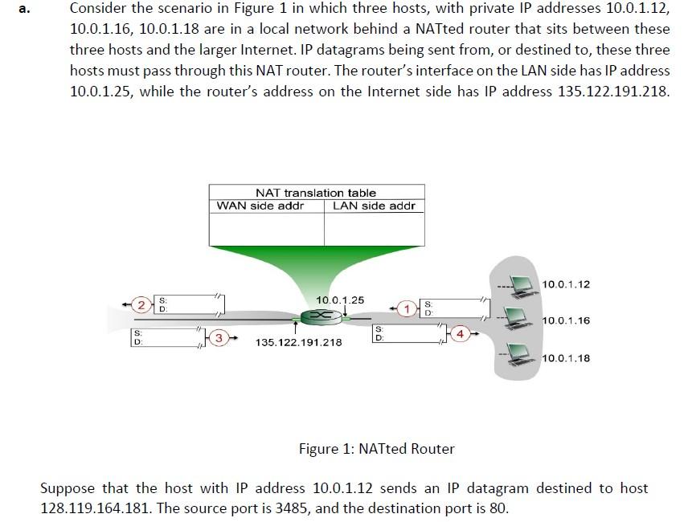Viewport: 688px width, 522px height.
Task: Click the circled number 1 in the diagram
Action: (408, 308)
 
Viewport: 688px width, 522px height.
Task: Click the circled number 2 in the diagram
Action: (141, 304)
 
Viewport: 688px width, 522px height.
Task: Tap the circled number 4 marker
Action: (461, 332)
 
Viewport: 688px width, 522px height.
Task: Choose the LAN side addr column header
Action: (374, 206)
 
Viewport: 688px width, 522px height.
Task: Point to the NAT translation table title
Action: (316, 193)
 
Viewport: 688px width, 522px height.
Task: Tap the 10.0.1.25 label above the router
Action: (340, 300)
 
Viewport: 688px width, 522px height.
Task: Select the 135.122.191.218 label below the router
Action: (298, 342)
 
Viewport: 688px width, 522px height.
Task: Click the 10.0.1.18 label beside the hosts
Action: (567, 358)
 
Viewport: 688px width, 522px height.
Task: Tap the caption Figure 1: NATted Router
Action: (376, 449)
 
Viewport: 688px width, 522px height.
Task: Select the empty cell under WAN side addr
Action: (267, 229)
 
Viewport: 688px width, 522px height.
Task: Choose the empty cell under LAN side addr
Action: (374, 229)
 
